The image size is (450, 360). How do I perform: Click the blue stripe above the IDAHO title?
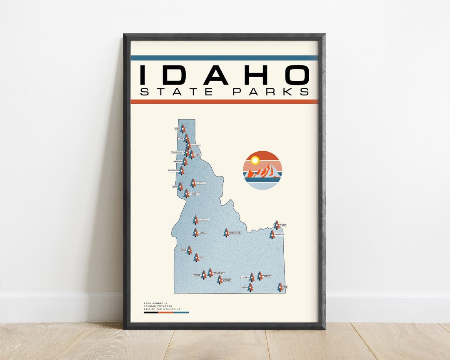(224, 58)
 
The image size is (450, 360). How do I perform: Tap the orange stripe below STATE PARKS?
(224, 102)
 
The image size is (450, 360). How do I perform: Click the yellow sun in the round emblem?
(255, 160)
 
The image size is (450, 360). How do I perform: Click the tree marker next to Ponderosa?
(195, 220)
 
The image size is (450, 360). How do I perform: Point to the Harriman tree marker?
(272, 235)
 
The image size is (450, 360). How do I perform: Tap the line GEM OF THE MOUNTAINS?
(162, 309)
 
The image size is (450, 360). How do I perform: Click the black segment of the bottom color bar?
(150, 312)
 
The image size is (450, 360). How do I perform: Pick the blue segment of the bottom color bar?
(181, 312)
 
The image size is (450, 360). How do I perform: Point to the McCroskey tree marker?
(181, 170)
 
